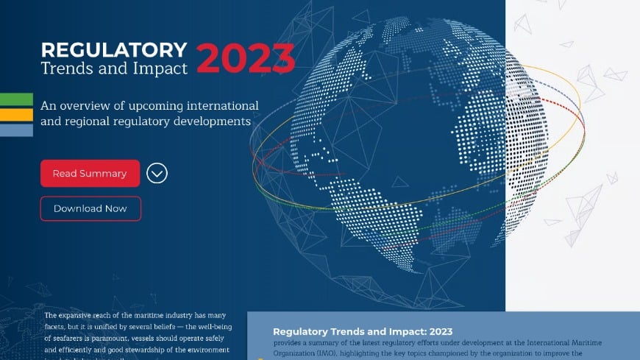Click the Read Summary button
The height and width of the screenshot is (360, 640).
coord(90,174)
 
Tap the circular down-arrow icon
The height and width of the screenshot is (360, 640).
coord(157,173)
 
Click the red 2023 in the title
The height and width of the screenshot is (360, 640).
coord(246,59)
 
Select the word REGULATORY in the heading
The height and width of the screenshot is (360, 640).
coord(114,50)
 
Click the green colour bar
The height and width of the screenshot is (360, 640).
coord(16,99)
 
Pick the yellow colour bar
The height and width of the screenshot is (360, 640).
coord(16,115)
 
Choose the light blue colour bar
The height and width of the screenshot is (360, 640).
coord(16,130)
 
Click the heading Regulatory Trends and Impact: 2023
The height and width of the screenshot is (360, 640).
coord(362,331)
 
